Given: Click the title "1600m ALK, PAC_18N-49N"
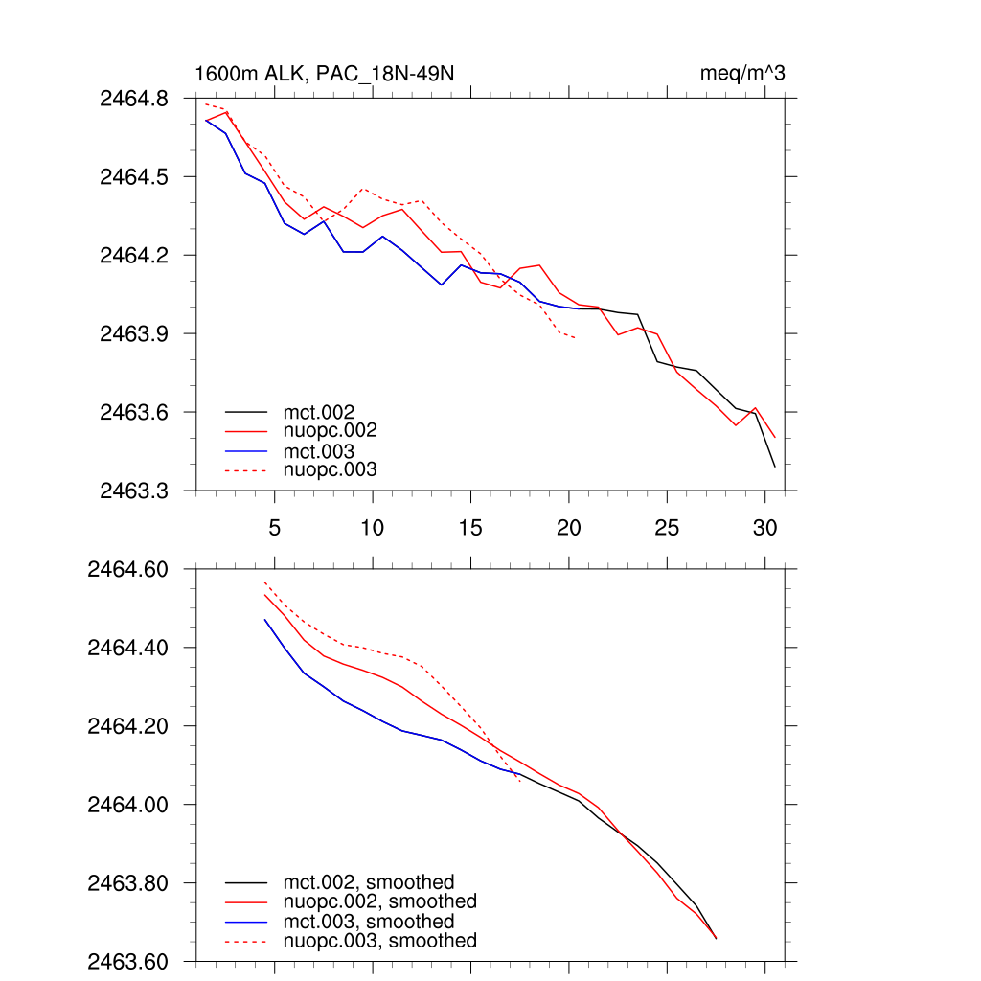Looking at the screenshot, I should coord(317,74).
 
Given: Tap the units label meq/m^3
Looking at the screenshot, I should coord(743,74).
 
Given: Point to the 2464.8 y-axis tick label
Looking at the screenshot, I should coord(134,99).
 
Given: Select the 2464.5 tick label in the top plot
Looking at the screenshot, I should coord(134,177).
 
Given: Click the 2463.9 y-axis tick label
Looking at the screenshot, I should coord(134,333).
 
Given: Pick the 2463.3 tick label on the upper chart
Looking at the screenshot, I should coord(134,490).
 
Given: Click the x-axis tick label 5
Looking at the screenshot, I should coord(274,528).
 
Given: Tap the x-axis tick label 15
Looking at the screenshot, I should coord(469,528).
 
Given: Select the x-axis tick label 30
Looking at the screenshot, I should coord(764,528).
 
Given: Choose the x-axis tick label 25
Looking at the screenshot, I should coord(666,528).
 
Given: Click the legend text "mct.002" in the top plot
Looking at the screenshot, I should coord(314,412).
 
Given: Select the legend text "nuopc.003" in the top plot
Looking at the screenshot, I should coord(330,469).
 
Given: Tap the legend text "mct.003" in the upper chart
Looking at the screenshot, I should coord(314,450).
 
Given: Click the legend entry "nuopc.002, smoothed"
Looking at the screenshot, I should coord(379,901).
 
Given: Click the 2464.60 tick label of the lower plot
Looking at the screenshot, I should coord(128,569).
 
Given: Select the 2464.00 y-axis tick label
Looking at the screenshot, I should coord(128,805).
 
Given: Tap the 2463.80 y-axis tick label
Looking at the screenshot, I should coord(128,882).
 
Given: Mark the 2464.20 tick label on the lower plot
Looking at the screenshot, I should coord(128,726).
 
